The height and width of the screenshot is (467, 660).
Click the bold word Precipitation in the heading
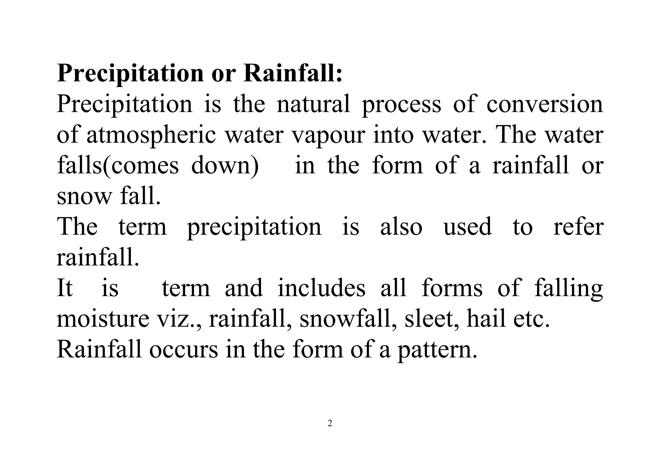pyautogui.click(x=130, y=74)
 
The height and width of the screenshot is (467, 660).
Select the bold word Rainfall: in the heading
pyautogui.click(x=293, y=73)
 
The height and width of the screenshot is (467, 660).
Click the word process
pyautogui.click(x=401, y=105)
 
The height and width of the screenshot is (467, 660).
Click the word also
pyautogui.click(x=401, y=226)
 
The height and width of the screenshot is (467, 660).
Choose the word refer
pyautogui.click(x=578, y=226)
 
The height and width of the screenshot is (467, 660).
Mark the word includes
pyautogui.click(x=321, y=288)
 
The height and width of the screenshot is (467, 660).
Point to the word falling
pyautogui.click(x=568, y=288)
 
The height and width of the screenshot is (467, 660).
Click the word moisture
pyautogui.click(x=103, y=319)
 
